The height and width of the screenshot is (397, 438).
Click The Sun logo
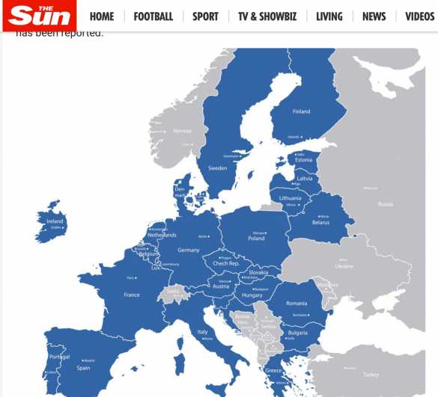pyautogui.click(x=39, y=15)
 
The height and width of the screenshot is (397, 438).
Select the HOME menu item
pyautogui.click(x=102, y=16)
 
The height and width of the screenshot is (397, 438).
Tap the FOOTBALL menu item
pyautogui.click(x=153, y=16)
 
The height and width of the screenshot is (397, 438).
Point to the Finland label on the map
pyautogui.click(x=301, y=111)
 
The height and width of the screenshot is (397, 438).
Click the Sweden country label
pyautogui.click(x=217, y=168)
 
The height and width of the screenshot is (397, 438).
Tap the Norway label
pyautogui.click(x=182, y=131)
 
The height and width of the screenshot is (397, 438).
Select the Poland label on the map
pyautogui.click(x=256, y=238)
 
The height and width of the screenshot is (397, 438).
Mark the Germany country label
pyautogui.click(x=189, y=250)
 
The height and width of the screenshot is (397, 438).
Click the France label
pyautogui.click(x=132, y=295)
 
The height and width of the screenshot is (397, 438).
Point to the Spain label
pyautogui.click(x=83, y=367)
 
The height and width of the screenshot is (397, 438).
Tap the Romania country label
pyautogui.click(x=296, y=303)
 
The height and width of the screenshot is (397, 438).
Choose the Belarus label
pyautogui.click(x=320, y=222)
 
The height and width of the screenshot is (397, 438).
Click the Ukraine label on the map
pyautogui.click(x=344, y=265)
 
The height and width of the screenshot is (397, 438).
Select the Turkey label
pyautogui.click(x=371, y=374)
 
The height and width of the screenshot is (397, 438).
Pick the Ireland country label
pyautogui.click(x=55, y=221)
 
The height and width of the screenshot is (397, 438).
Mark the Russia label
pyautogui.click(x=385, y=204)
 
